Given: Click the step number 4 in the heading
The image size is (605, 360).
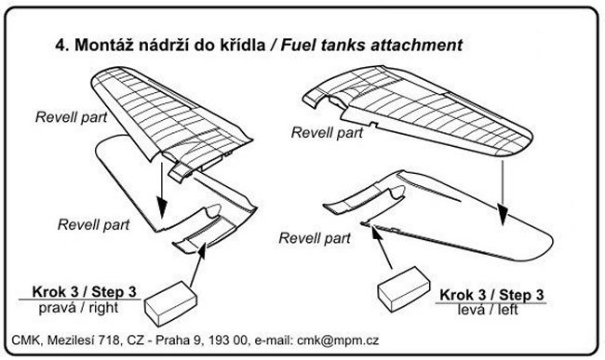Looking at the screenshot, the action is coord(61,46).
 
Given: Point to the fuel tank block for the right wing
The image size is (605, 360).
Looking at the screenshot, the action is coord(171,303).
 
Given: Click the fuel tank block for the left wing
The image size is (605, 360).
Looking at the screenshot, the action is coord(404,288).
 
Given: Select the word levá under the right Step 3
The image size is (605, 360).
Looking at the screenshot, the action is coord(473,310).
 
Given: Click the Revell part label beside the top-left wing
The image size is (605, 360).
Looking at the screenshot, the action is coord(71,117).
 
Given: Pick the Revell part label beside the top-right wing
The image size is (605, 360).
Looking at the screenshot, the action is coord(327,133).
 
